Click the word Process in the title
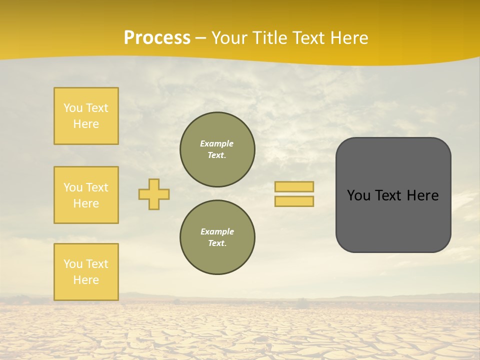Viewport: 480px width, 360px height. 157,38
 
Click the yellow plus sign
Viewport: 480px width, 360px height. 154,194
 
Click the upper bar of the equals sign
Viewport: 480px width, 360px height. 294,186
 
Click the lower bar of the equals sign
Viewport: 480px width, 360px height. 294,201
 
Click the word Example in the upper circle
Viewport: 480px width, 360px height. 217,143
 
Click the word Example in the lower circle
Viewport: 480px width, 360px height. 217,231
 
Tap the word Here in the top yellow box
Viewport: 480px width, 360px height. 86,124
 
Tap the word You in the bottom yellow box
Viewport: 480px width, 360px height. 73,264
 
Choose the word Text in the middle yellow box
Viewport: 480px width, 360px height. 96,187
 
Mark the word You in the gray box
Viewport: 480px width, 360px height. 358,195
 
